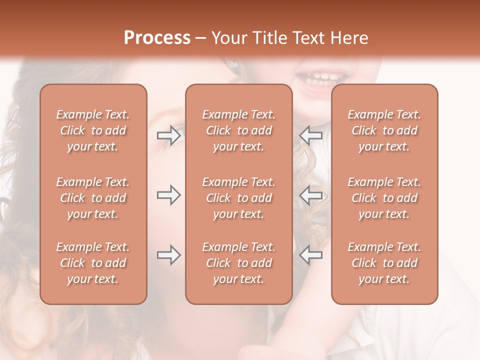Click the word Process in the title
coord(157,38)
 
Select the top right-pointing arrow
coord(168,135)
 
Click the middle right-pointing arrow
coord(168,195)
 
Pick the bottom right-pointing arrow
coord(168,255)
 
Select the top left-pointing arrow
coord(310,135)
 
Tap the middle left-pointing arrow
coord(310,195)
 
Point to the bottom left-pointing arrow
coord(310,255)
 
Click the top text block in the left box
coord(93,130)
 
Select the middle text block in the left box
coord(93,198)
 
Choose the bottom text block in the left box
coord(93,263)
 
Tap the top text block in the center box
coord(238,130)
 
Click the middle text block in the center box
coord(238,198)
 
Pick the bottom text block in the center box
coord(238,263)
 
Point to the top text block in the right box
coord(384,130)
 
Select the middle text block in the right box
coord(384,198)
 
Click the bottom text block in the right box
coord(384,263)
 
